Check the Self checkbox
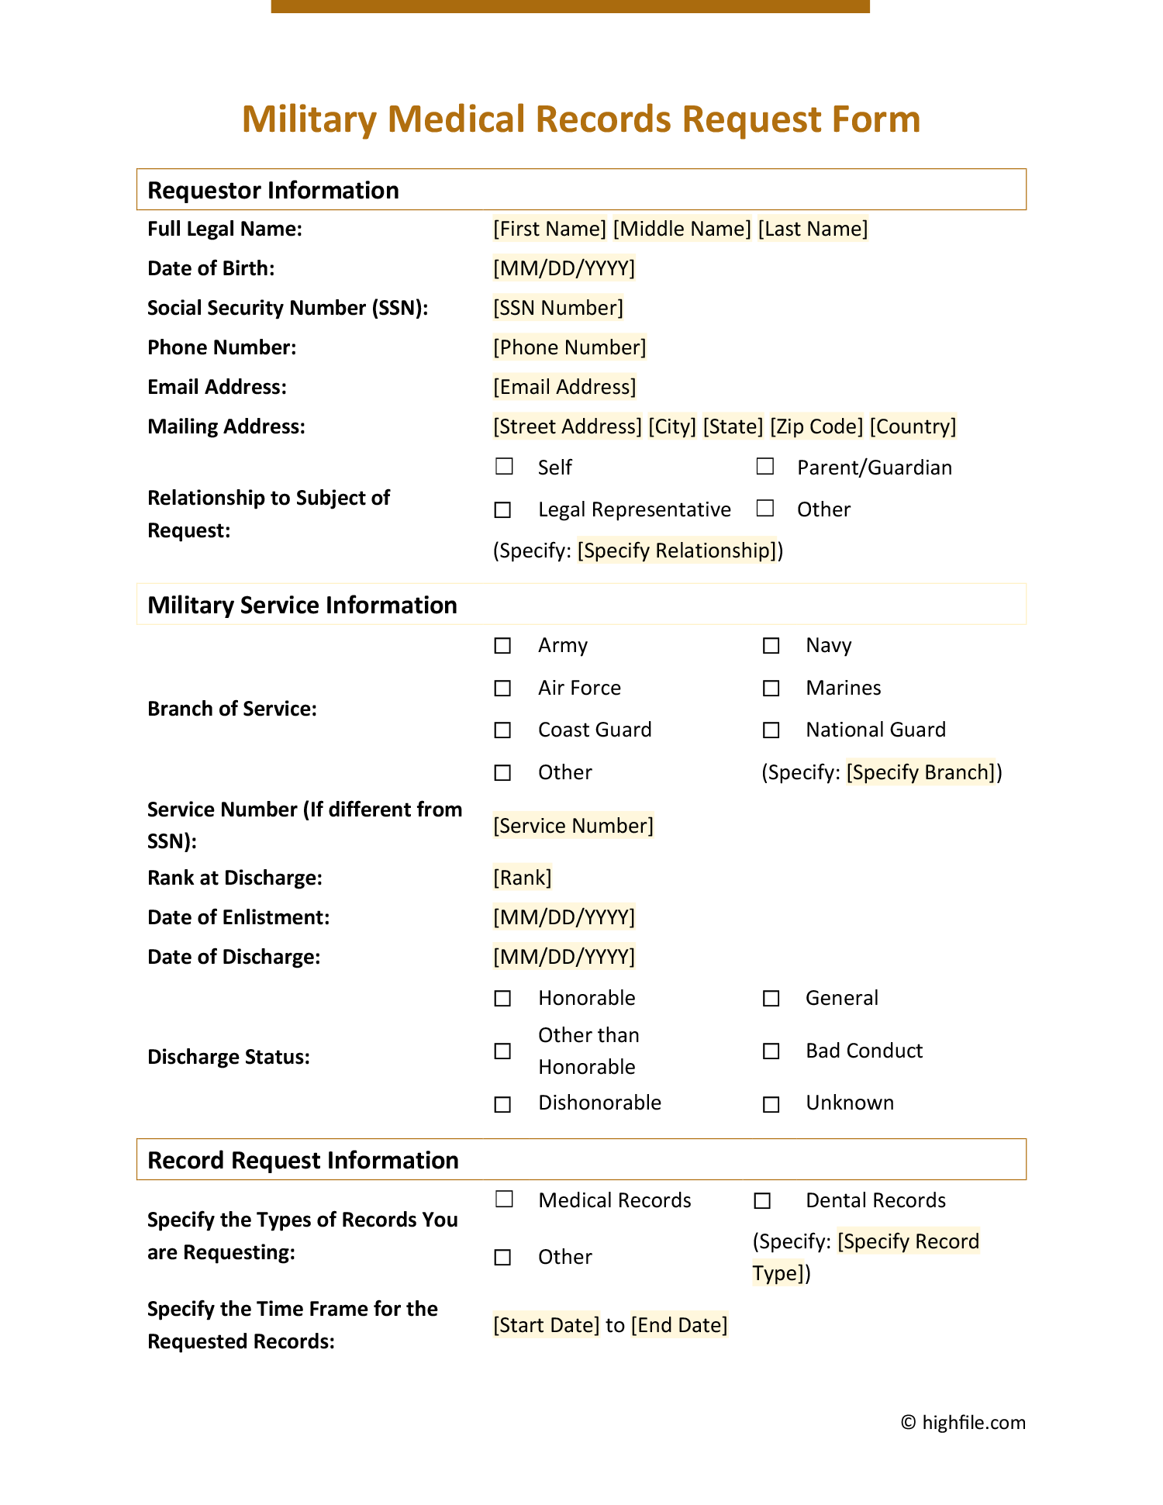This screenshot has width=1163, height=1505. [504, 466]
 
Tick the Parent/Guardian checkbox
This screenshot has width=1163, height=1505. [765, 466]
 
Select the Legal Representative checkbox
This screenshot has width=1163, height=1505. [503, 509]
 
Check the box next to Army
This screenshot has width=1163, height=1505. [503, 645]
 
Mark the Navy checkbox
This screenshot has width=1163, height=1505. [771, 645]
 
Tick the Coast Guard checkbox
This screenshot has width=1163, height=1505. [503, 730]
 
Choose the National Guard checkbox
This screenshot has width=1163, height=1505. [771, 730]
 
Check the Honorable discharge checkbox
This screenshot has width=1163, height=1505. [503, 998]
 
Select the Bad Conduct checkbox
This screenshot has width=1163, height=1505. [771, 1051]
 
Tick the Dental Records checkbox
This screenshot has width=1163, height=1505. [762, 1200]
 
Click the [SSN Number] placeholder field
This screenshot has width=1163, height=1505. [558, 308]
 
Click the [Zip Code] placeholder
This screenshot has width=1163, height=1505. [816, 426]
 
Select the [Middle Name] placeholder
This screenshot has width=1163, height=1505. [682, 229]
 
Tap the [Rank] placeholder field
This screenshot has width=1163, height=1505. [523, 878]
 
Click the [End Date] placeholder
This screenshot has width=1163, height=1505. [679, 1325]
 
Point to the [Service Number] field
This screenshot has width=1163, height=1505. [574, 826]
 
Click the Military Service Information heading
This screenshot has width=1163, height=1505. [302, 605]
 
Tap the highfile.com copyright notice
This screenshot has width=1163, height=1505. [963, 1422]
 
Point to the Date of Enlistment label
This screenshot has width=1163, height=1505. [239, 917]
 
